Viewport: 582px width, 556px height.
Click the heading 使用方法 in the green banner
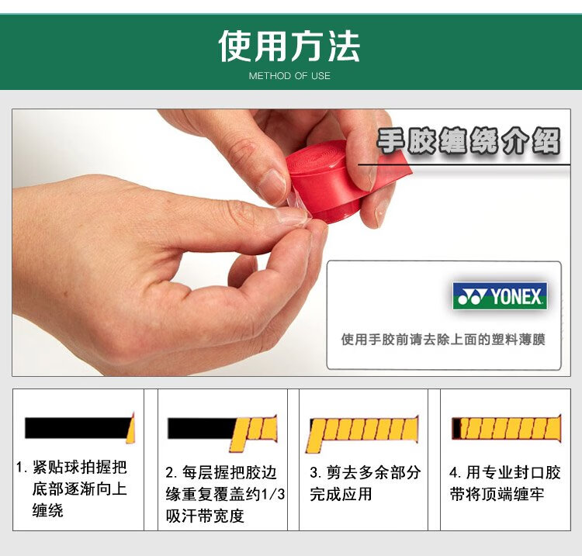(289, 46)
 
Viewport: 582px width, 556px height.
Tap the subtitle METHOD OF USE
(289, 76)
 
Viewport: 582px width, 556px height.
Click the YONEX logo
(500, 296)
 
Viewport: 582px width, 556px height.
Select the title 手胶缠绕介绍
(469, 140)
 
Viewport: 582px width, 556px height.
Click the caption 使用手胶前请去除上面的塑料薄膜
(443, 339)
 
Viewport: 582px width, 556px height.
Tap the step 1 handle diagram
(79, 428)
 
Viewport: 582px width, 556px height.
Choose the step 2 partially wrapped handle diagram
(222, 433)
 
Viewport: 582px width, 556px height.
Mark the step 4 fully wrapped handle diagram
(506, 428)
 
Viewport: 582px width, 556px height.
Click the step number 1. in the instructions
(22, 468)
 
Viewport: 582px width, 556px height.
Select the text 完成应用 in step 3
(341, 494)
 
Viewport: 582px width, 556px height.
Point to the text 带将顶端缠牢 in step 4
(497, 494)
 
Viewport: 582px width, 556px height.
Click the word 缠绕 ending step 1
(47, 510)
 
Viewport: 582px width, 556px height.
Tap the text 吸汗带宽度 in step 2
(205, 516)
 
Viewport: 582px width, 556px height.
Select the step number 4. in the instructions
(455, 472)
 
